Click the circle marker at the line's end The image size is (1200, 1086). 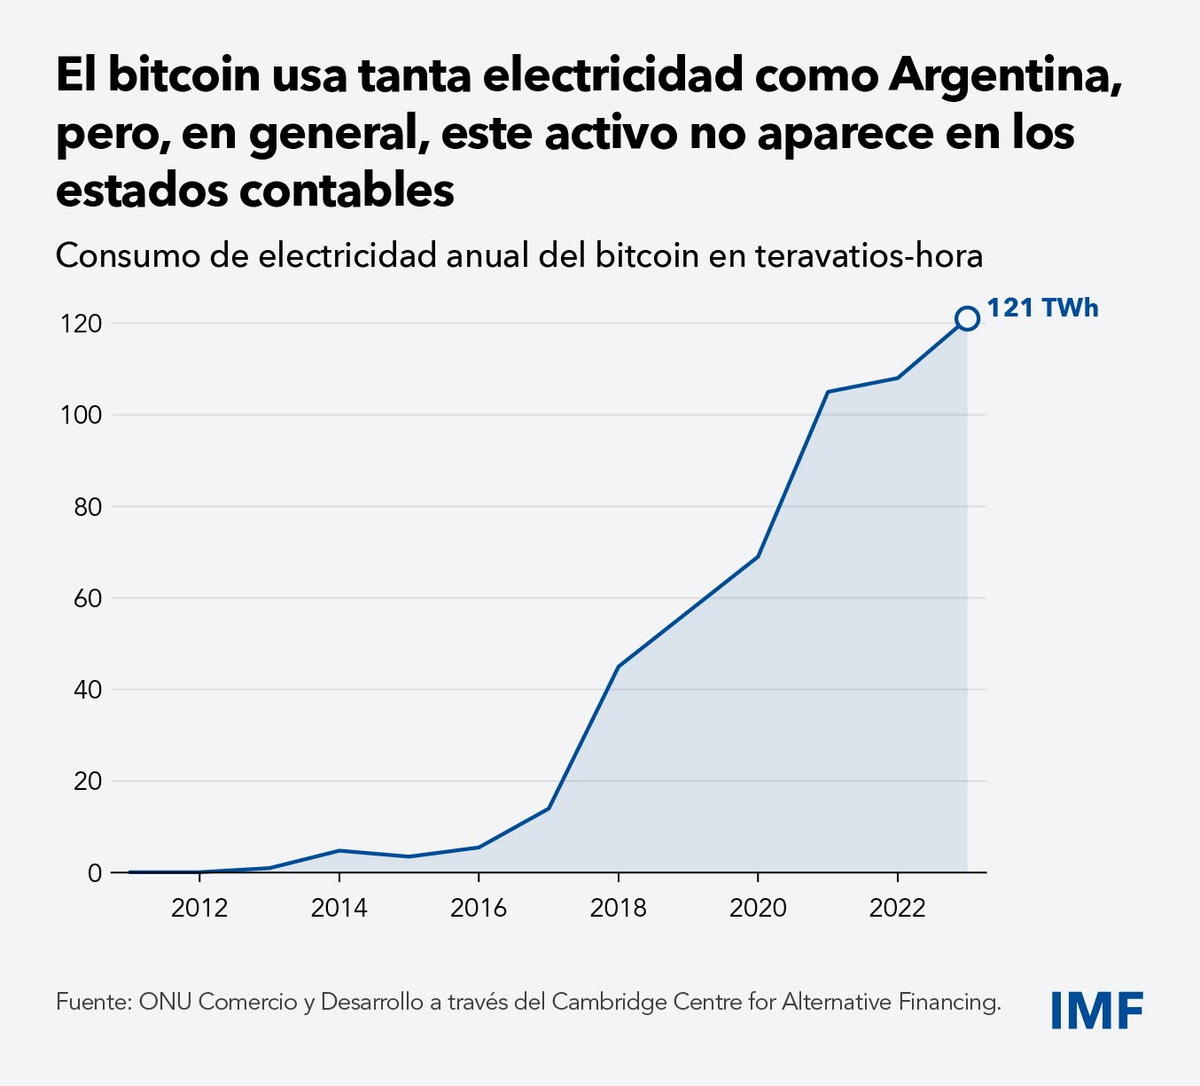point(967,318)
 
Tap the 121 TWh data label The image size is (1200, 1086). point(1042,308)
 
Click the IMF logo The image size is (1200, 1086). point(1096,1010)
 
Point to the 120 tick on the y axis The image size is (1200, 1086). point(82,324)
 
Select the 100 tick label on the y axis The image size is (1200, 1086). point(82,415)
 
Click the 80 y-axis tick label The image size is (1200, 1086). point(87,507)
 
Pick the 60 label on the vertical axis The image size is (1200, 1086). point(87,598)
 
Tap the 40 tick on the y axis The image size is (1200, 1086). point(87,690)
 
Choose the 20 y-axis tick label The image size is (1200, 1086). point(87,781)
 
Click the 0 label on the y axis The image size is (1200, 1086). point(95,873)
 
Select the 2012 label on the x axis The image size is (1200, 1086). point(199,908)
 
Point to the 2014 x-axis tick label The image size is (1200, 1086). point(339,908)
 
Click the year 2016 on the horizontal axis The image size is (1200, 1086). point(479,908)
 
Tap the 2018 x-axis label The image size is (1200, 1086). point(618,908)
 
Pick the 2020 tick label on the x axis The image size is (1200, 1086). point(758,908)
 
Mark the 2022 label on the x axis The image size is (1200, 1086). point(897,908)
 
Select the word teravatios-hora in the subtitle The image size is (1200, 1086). point(869,256)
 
